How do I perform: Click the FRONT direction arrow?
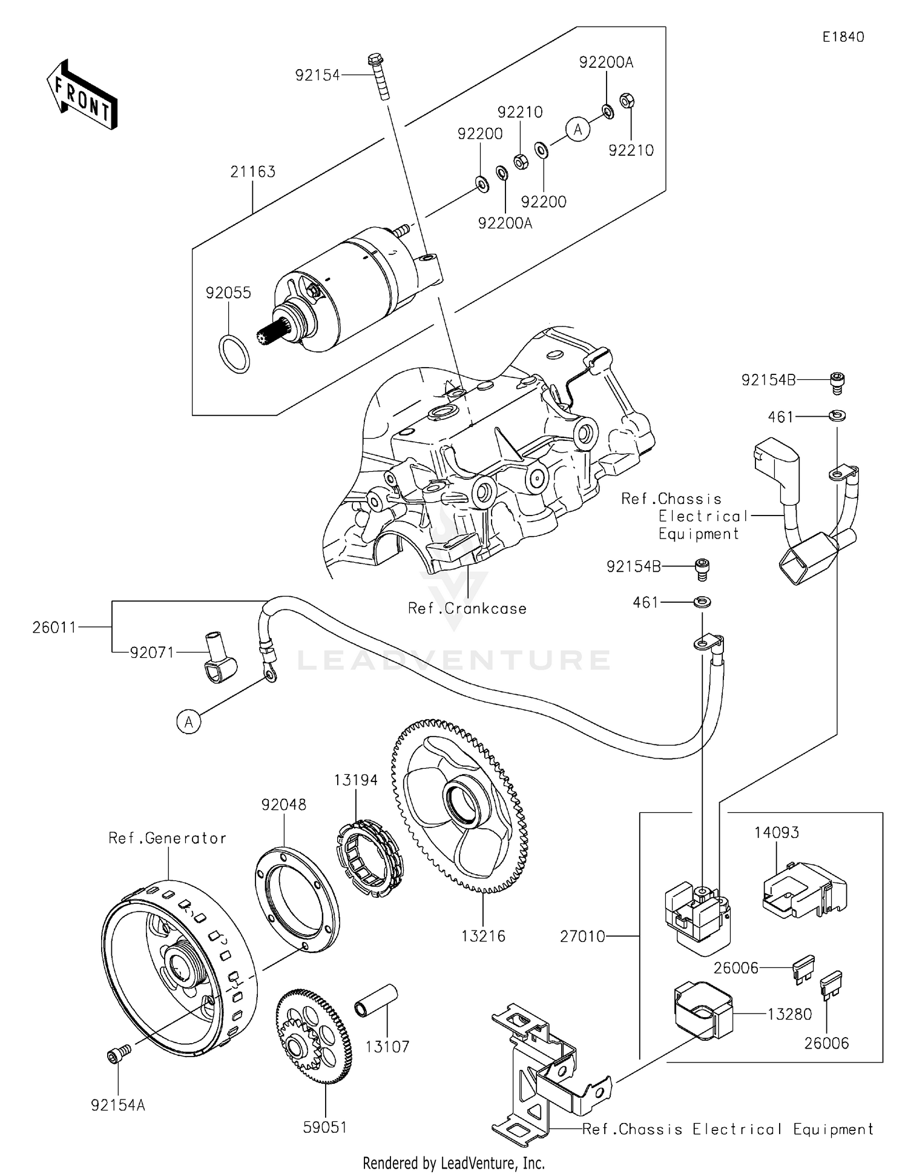[82, 95]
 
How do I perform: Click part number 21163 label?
[252, 172]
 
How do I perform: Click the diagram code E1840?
[843, 37]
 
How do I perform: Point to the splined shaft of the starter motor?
[271, 335]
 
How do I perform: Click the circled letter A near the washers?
[577, 130]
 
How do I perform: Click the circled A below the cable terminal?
[189, 722]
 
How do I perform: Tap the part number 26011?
[54, 627]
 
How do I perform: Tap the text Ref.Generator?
[167, 838]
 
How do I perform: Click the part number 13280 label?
[789, 1014]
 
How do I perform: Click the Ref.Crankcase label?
[467, 608]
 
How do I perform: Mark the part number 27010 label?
[582, 937]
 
